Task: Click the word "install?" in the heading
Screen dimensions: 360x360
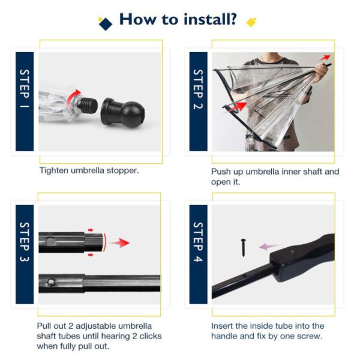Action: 210,19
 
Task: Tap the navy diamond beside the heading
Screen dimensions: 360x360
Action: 106,24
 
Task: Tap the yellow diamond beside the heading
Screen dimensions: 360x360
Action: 251,22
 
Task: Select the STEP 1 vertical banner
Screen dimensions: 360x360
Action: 25,101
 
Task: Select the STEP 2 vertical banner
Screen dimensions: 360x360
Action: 199,101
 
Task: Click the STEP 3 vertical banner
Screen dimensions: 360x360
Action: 25,254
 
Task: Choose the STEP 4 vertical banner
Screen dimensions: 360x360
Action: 199,254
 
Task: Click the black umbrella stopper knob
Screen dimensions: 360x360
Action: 122,112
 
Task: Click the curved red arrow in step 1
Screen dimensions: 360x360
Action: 73,96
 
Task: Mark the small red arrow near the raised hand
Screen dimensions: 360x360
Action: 325,58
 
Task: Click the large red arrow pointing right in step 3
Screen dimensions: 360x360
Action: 120,243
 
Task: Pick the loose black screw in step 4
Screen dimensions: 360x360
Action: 244,247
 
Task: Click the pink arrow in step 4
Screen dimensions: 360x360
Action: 269,247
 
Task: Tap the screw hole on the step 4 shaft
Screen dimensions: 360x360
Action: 244,275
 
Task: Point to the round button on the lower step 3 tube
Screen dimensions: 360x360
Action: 51,283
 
